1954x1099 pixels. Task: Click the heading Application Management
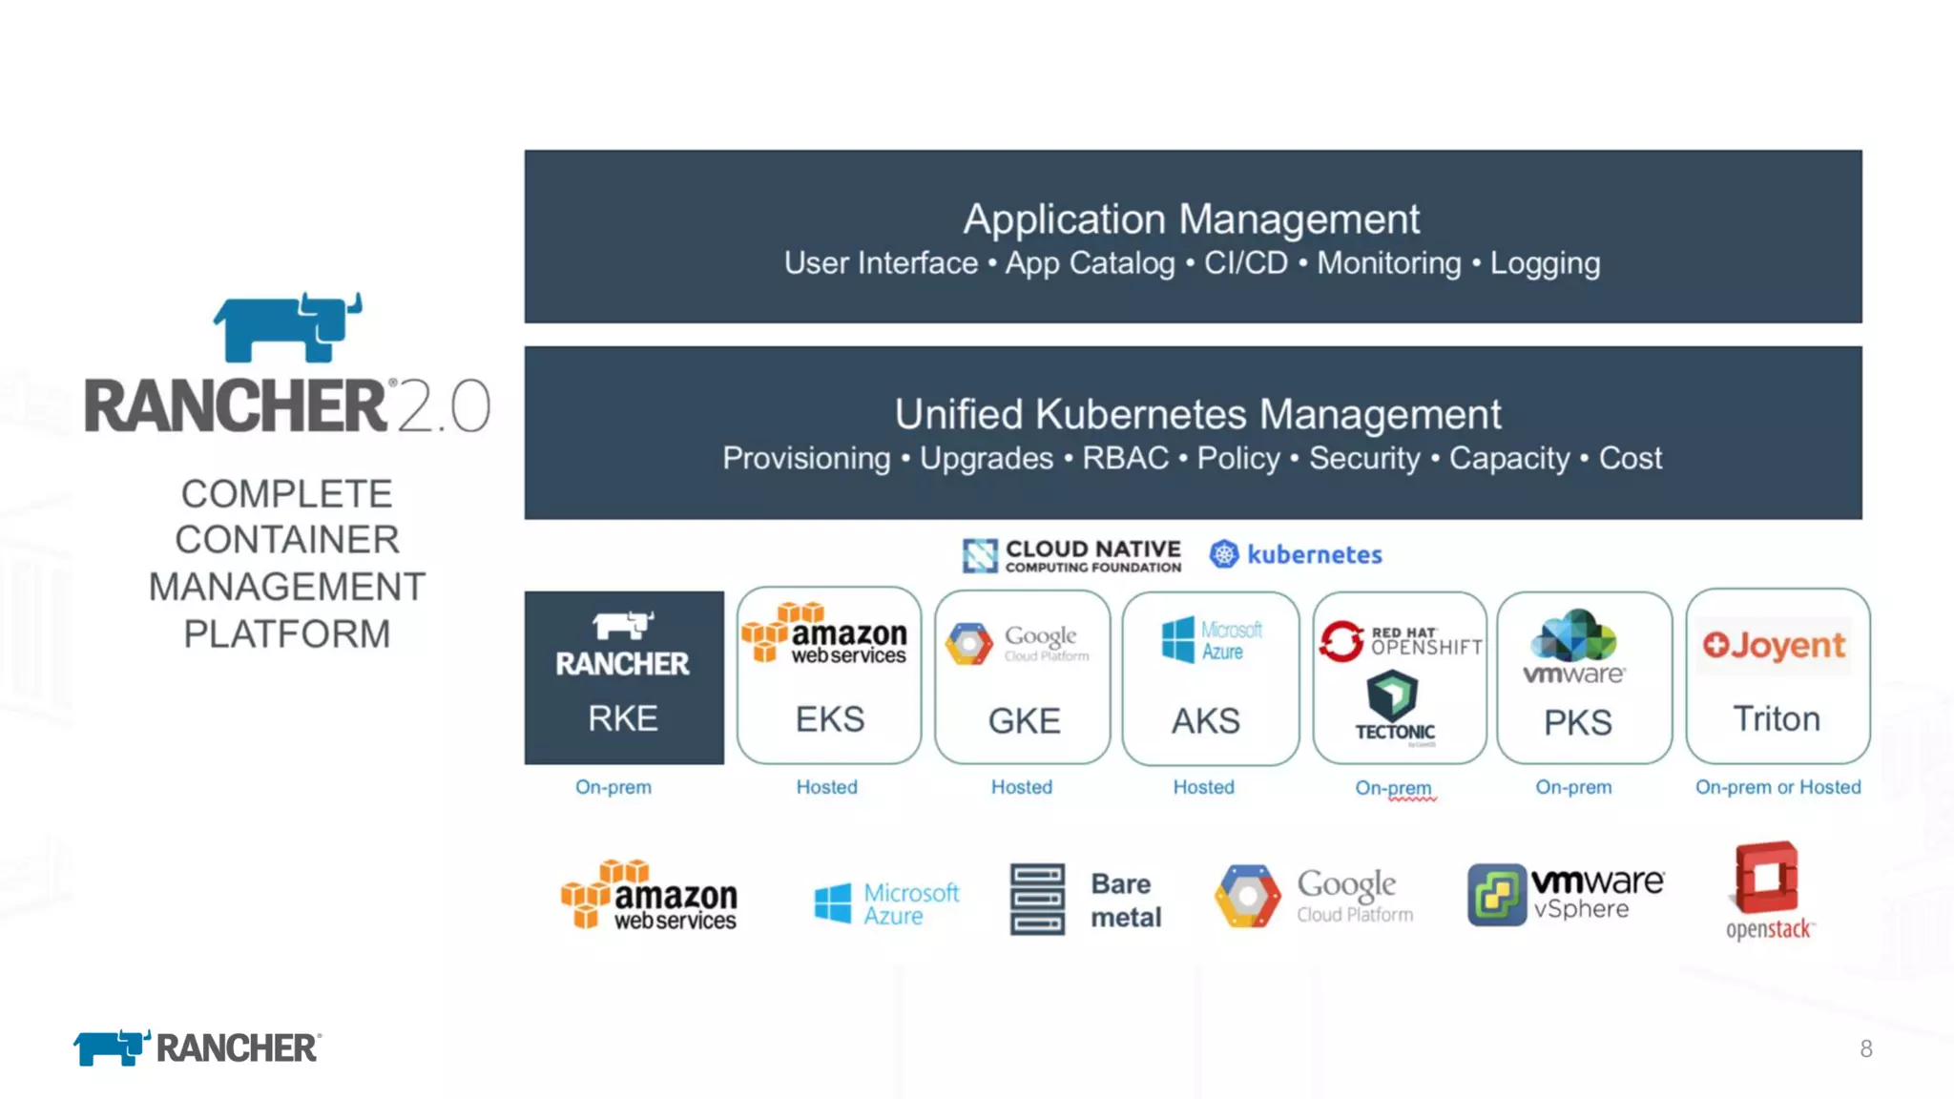1191,219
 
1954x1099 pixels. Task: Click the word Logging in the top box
1545,263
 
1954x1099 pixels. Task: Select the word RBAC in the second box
1125,459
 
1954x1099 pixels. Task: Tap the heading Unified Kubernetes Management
1197,415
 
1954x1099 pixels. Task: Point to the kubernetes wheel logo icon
1224,554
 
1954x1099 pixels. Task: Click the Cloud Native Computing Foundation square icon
980,555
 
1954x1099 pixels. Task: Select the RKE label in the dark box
623,718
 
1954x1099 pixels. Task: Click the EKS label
830,719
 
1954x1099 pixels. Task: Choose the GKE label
1024,721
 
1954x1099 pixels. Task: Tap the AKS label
1206,721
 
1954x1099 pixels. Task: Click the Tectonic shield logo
1392,695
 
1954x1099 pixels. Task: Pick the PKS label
1578,723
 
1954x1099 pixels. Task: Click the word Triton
1777,719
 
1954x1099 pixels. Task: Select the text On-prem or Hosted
1777,787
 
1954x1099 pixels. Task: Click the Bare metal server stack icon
1037,900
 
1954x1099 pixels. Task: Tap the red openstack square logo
1767,878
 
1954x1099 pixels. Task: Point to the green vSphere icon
1496,895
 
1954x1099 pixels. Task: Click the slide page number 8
1866,1049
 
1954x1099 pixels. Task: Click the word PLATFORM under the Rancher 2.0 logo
287,634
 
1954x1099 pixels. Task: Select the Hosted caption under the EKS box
827,787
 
